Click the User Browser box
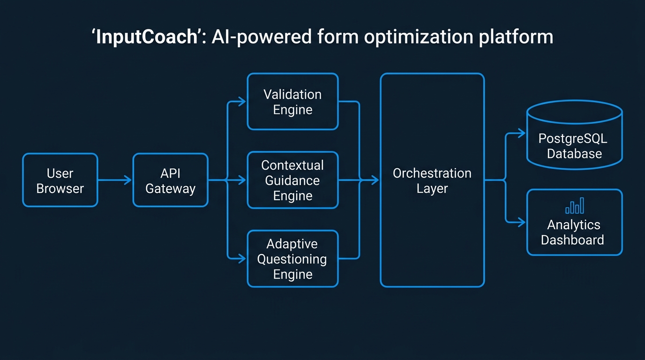tap(60, 180)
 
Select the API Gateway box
tap(170, 180)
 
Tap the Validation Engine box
tap(292, 102)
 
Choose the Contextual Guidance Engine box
tap(292, 180)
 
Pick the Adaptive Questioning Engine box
tap(292, 259)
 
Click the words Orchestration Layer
tap(432, 181)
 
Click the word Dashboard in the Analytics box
tap(572, 240)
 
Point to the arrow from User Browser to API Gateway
tap(115, 180)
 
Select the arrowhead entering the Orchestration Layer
tap(375, 180)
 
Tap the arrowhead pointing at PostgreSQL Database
tap(522, 134)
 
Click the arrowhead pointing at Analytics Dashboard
tap(522, 222)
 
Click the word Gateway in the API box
tap(170, 189)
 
